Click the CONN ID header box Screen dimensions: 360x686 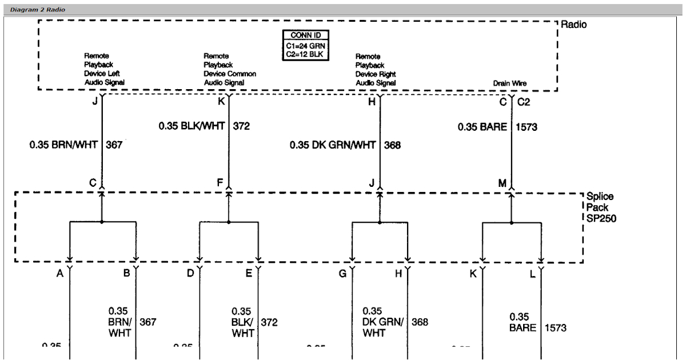[x=306, y=35]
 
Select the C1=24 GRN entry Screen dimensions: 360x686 [x=306, y=45]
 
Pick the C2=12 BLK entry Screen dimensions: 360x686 [x=306, y=54]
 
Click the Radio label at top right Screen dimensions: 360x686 [x=573, y=25]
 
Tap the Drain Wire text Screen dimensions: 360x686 [x=510, y=83]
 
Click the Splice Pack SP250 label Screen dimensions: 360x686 [x=600, y=207]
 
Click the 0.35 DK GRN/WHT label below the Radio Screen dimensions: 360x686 [x=333, y=145]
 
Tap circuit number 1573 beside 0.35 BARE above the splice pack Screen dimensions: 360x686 [x=526, y=127]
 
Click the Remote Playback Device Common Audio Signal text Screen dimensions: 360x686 [x=230, y=70]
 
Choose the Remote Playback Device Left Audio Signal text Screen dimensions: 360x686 [x=104, y=70]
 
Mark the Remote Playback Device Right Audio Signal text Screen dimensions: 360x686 [x=376, y=70]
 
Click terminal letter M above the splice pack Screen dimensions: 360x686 [x=502, y=183]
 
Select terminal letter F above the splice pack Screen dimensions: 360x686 [x=220, y=183]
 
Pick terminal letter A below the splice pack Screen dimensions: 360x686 [x=59, y=274]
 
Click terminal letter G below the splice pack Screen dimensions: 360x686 [x=342, y=274]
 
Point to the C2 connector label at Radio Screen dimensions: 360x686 [x=524, y=102]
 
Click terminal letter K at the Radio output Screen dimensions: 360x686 [x=221, y=102]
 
